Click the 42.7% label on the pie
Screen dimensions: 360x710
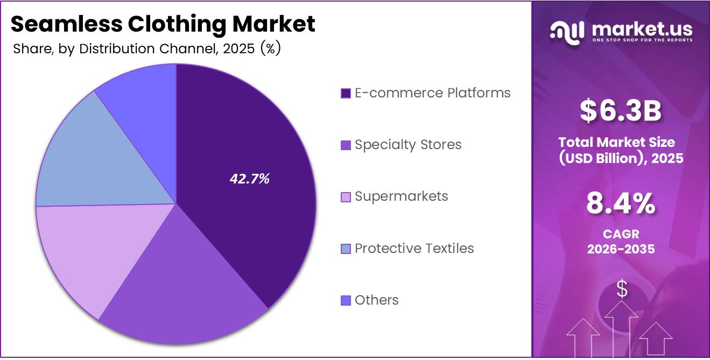249,179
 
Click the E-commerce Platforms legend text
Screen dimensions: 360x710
432,93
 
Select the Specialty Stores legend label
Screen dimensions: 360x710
408,145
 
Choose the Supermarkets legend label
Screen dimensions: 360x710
401,196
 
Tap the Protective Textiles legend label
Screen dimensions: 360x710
414,248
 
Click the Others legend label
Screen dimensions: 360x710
376,300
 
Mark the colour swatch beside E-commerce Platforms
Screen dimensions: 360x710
346,94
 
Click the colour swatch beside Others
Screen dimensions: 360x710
346,300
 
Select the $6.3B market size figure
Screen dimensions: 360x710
621,111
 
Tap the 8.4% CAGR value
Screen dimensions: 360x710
621,204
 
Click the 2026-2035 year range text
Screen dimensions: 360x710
621,249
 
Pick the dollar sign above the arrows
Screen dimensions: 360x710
622,290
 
